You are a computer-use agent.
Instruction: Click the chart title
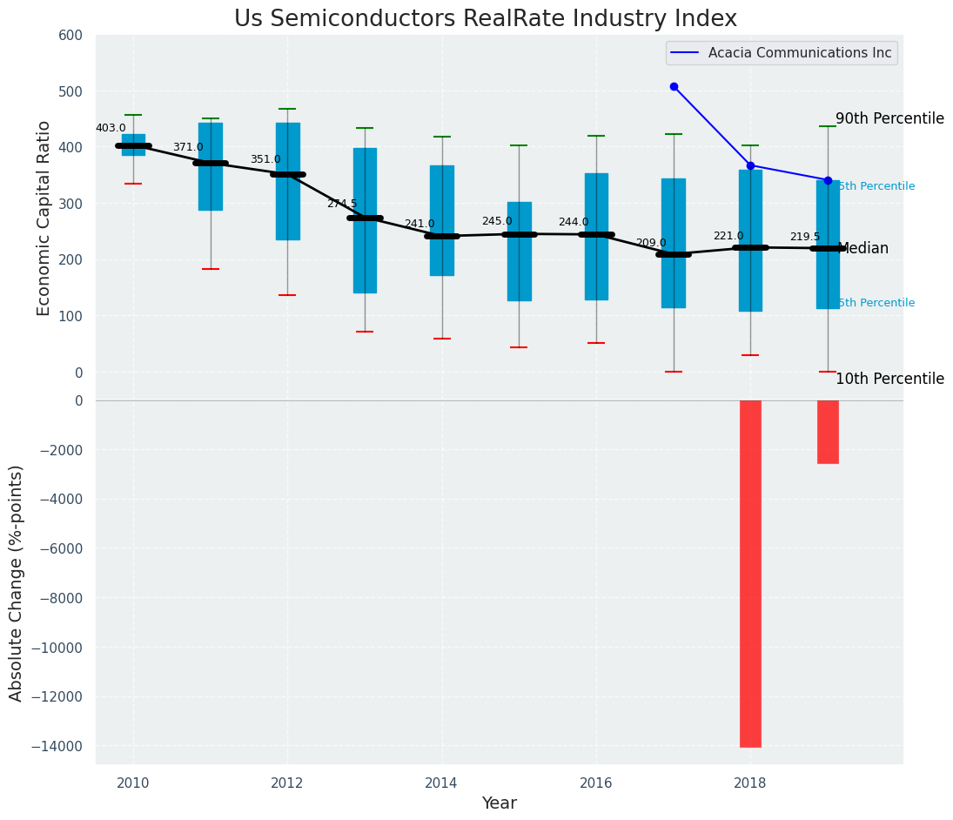(485, 19)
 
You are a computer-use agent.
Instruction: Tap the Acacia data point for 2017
(674, 86)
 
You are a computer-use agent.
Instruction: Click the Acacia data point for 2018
(750, 165)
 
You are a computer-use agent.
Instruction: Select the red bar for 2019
(828, 432)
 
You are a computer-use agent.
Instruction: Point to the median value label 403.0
(111, 128)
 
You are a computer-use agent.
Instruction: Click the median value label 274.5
(342, 204)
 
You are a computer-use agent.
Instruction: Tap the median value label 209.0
(651, 243)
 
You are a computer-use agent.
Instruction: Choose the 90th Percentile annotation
(889, 118)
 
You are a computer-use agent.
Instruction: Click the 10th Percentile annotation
(889, 379)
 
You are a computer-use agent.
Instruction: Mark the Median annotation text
(862, 248)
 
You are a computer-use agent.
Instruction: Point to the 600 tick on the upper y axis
(71, 35)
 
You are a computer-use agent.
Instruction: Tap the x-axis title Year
(500, 803)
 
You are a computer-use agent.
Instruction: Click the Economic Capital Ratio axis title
(44, 205)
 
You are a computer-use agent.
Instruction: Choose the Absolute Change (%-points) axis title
(17, 582)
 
